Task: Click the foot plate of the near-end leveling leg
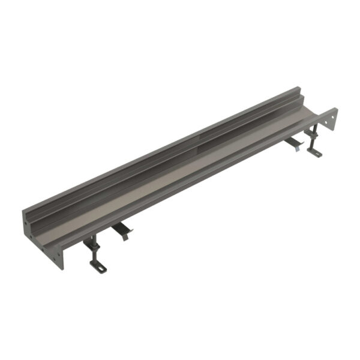pos(98,266)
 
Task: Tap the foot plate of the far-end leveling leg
pos(314,152)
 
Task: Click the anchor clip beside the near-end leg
pos(122,230)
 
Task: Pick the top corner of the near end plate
pos(23,211)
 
